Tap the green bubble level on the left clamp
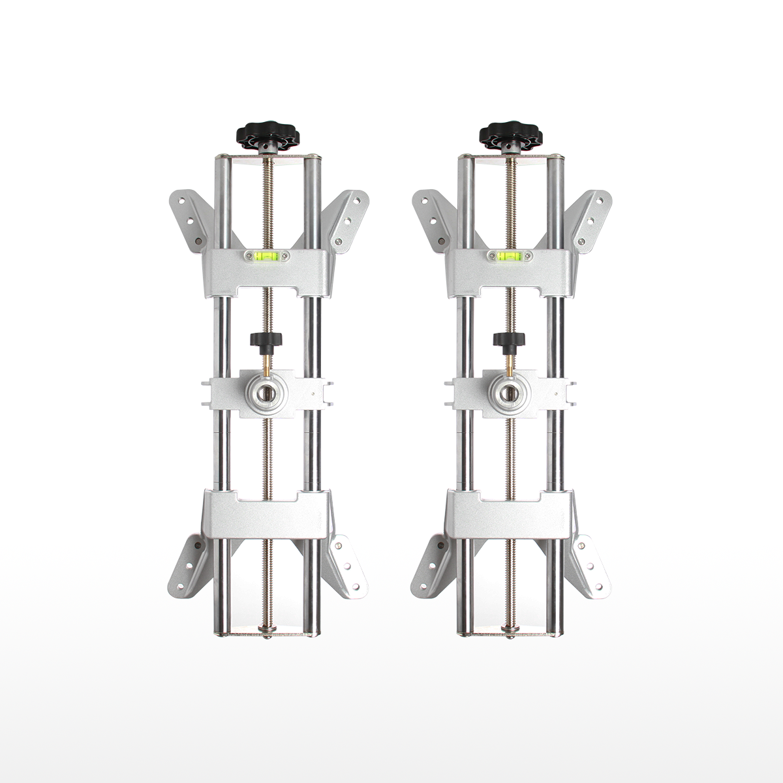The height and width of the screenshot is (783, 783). [x=267, y=256]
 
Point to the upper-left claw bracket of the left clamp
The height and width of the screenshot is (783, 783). [x=189, y=219]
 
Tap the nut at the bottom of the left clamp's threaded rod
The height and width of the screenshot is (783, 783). [x=266, y=630]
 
